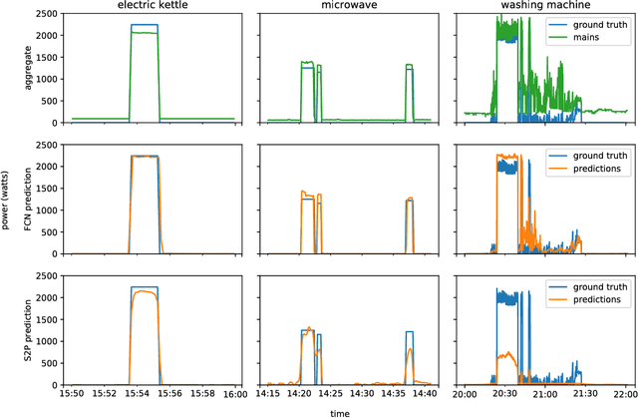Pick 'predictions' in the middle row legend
pos(600,169)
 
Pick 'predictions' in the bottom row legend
pos(600,298)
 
